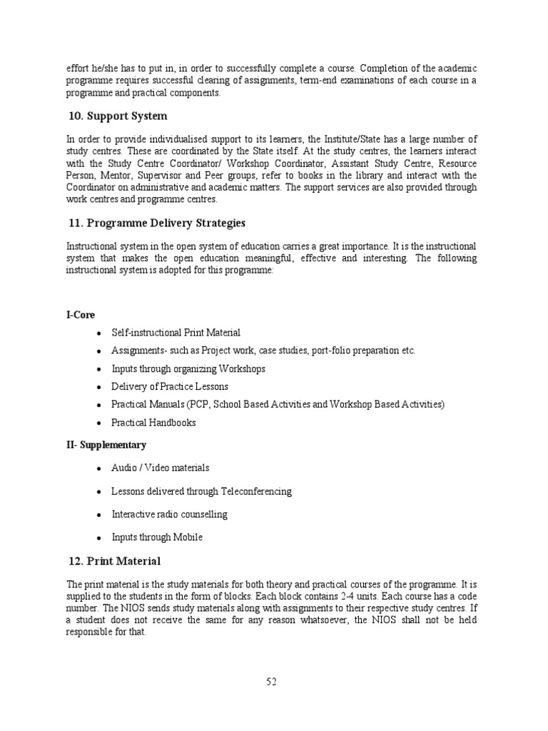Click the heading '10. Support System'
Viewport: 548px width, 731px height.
pyautogui.click(x=118, y=116)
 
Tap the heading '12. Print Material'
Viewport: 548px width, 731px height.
pyautogui.click(x=115, y=560)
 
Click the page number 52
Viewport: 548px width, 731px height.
pyautogui.click(x=271, y=682)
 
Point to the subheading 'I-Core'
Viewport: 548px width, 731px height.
pyautogui.click(x=80, y=315)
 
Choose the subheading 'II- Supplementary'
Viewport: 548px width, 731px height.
pyautogui.click(x=106, y=445)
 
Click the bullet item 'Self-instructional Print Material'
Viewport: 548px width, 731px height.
pyautogui.click(x=176, y=333)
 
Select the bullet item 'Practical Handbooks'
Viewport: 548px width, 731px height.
pyautogui.click(x=153, y=423)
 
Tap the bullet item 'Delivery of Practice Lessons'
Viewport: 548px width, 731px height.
pyautogui.click(x=170, y=386)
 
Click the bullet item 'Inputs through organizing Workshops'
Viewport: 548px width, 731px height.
pyautogui.click(x=188, y=368)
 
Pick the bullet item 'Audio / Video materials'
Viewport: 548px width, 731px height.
pyautogui.click(x=161, y=468)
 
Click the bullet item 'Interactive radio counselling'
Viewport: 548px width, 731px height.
pyautogui.click(x=169, y=514)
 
